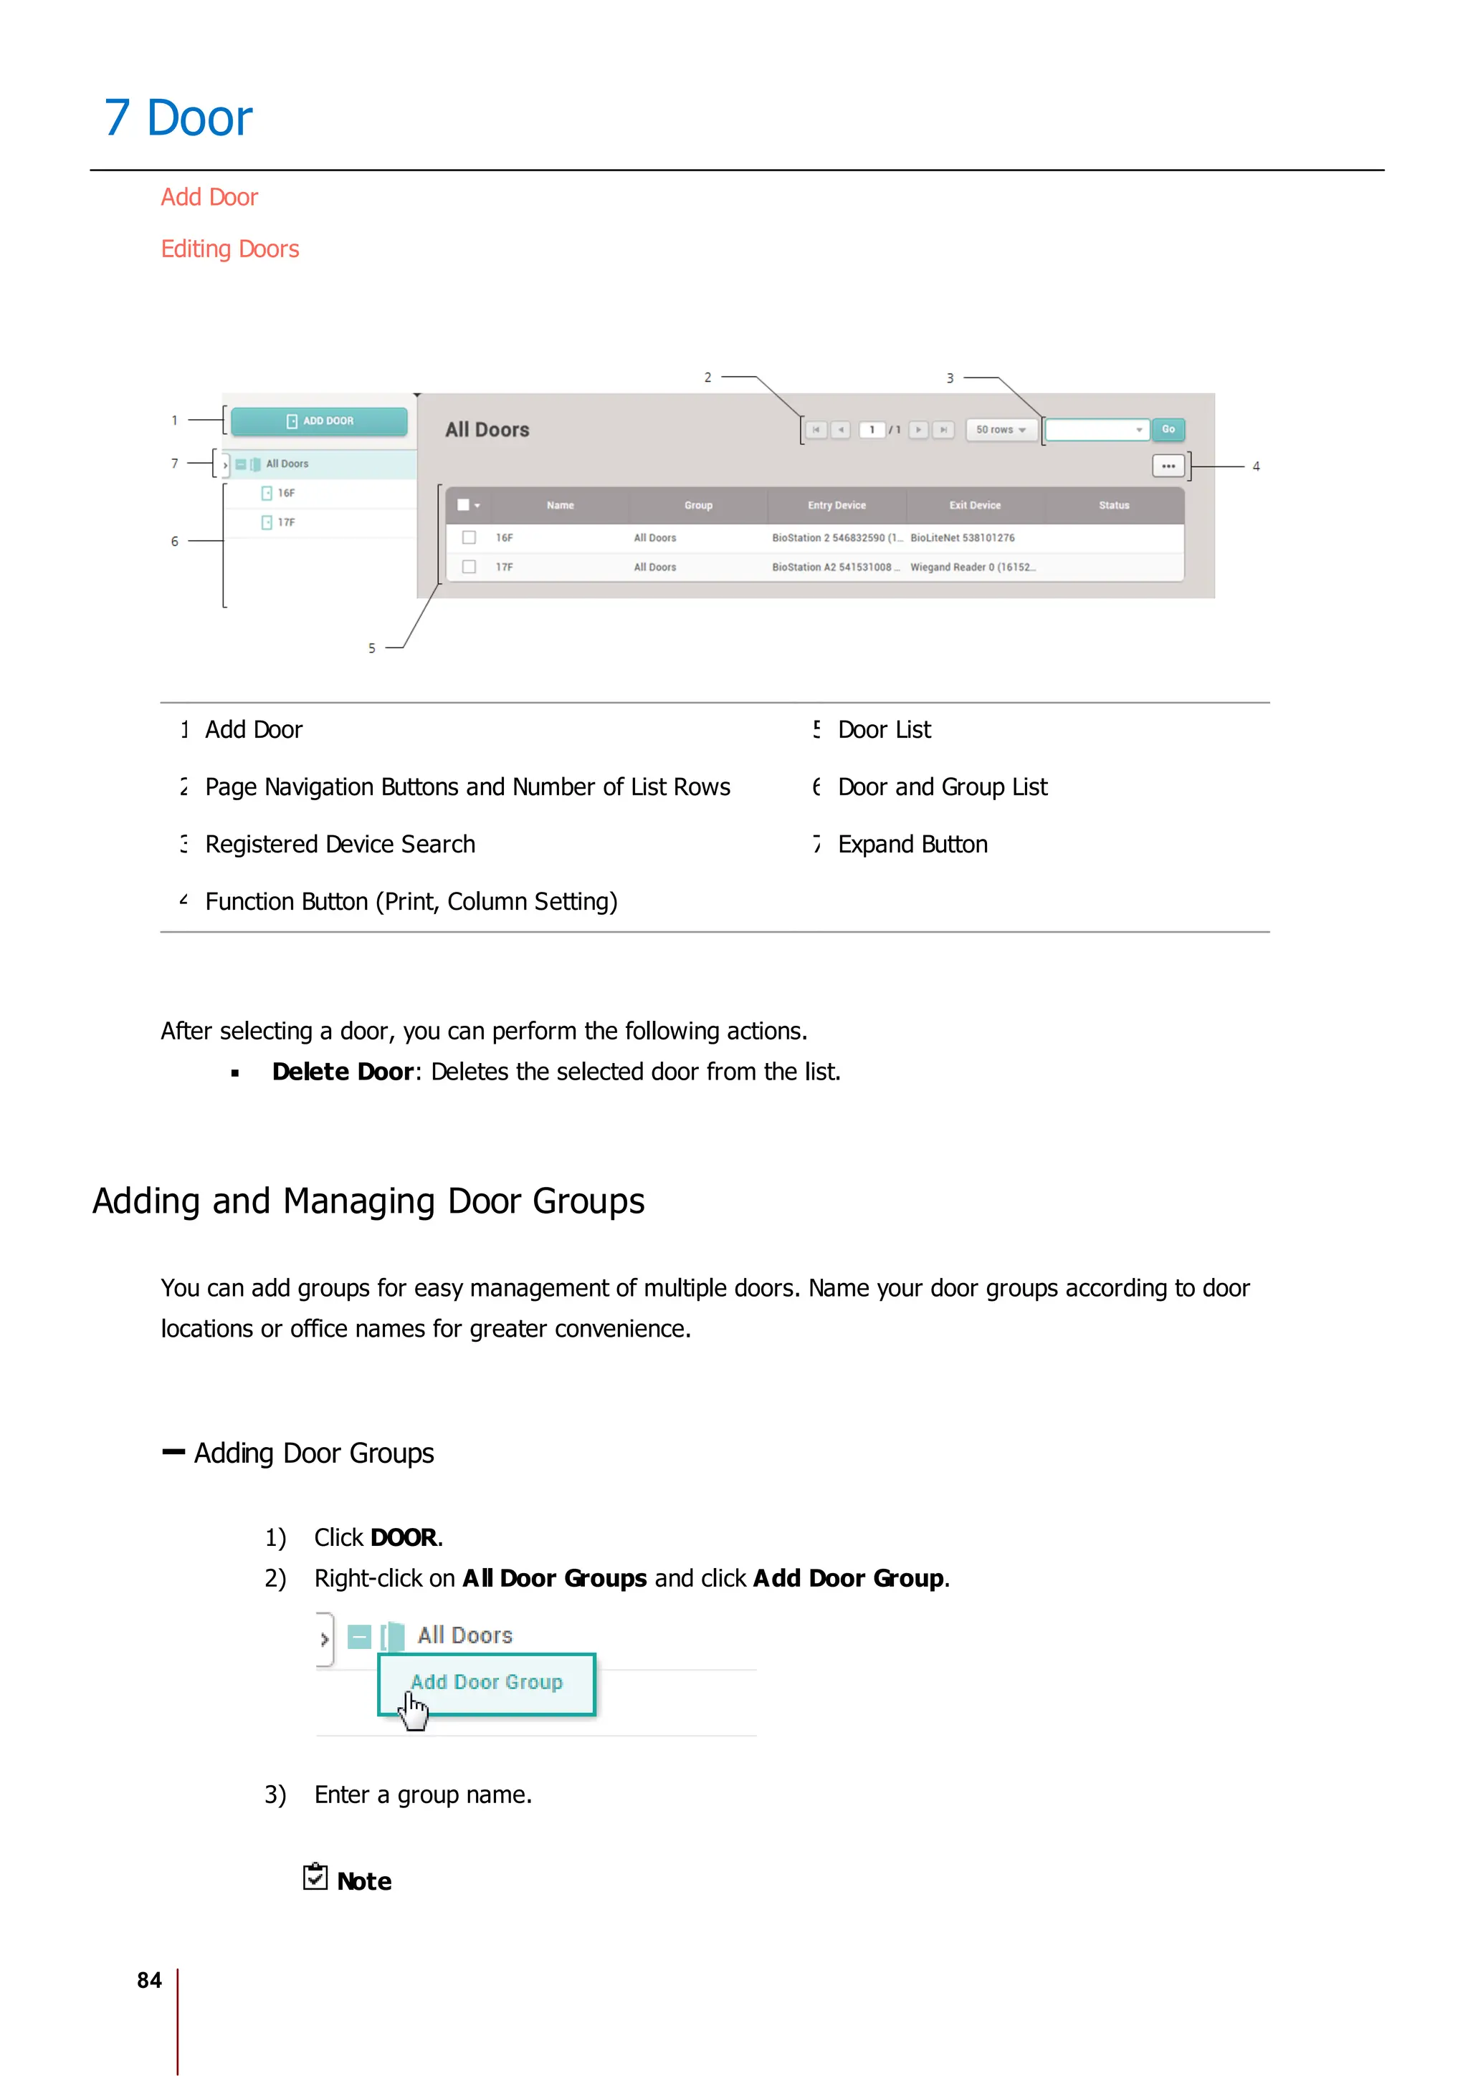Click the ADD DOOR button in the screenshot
(x=318, y=421)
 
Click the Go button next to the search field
(x=1168, y=430)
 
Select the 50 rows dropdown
(x=1001, y=430)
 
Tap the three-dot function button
(x=1168, y=466)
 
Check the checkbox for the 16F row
(x=470, y=538)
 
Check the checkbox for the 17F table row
(x=470, y=567)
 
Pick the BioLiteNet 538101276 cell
(x=963, y=538)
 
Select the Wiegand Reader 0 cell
(x=971, y=567)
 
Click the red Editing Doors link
(x=230, y=249)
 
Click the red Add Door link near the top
(x=209, y=197)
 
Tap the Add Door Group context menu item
(x=487, y=1683)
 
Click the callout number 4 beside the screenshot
(x=1255, y=466)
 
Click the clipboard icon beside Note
(x=315, y=1877)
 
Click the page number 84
(x=149, y=1980)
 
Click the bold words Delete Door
(x=343, y=1072)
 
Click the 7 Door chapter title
(x=178, y=118)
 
